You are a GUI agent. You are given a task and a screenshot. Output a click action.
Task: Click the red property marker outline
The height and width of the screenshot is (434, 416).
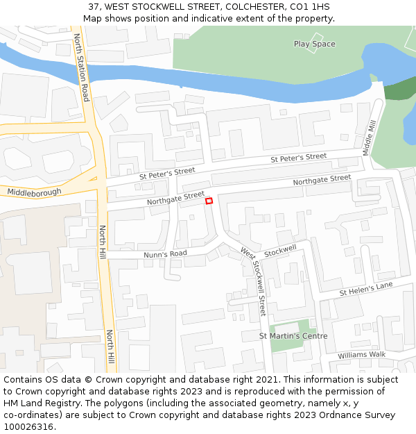[x=209, y=201]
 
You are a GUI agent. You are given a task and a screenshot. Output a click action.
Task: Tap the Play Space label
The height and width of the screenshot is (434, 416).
[x=314, y=44]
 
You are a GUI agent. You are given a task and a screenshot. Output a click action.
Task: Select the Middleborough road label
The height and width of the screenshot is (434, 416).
[x=34, y=192]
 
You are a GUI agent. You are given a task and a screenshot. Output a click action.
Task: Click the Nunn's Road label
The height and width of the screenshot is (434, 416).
[x=165, y=254]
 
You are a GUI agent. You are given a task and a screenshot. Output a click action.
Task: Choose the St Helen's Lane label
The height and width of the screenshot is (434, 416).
[x=366, y=288]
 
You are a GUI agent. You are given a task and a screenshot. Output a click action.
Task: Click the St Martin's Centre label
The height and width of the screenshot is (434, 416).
[x=293, y=336]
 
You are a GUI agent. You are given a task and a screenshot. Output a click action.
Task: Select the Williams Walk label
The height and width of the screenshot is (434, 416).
[x=361, y=355]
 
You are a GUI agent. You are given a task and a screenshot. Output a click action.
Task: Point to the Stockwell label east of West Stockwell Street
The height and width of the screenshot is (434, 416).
[x=280, y=249]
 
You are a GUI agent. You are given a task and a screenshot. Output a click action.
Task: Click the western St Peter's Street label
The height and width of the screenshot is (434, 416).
[x=167, y=172]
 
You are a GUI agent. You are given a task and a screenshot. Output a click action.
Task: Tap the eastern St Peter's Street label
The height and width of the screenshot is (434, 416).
[x=298, y=158]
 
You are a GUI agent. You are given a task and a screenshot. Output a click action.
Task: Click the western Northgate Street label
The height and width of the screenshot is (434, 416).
[x=175, y=199]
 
